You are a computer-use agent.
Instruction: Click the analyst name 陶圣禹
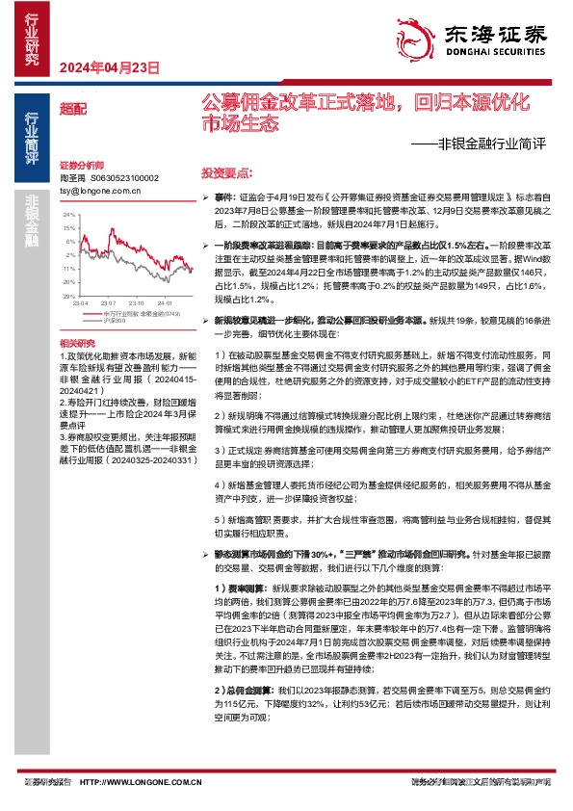tap(72, 178)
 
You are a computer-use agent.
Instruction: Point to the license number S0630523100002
tap(124, 178)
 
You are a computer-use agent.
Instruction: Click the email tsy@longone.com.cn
tap(100, 191)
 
